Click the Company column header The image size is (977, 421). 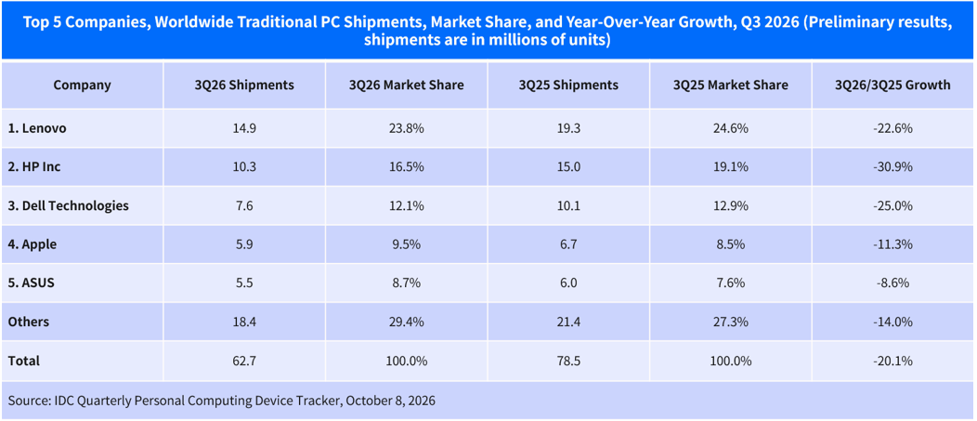tap(83, 86)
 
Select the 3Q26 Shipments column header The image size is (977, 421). tap(244, 86)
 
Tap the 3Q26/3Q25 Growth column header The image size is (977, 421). tap(892, 86)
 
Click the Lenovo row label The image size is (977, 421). tap(37, 129)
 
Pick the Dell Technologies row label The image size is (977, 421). tap(69, 205)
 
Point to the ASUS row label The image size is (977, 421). tap(32, 283)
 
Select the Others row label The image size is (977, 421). tap(29, 322)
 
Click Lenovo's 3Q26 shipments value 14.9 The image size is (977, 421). tap(244, 129)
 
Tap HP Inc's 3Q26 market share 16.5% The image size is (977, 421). tap(407, 167)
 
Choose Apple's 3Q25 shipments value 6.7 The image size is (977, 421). tap(569, 244)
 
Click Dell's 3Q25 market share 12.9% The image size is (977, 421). tap(731, 205)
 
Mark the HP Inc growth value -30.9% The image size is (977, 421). tap(892, 167)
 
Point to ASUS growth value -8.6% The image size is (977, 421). tap(892, 283)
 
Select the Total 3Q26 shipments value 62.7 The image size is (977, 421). tap(244, 361)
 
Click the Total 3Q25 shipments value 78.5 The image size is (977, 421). tap(569, 361)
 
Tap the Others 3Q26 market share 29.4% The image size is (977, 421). tap(407, 322)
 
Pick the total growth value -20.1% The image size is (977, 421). tap(892, 361)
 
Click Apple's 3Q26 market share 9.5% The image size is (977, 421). tap(407, 244)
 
